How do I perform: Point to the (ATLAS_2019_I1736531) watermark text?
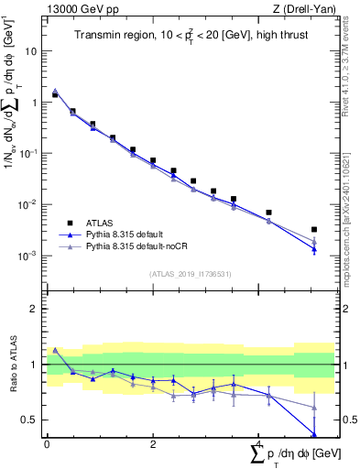click(191, 273)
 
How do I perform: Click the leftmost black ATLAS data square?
click(55, 95)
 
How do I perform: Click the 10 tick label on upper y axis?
click(31, 51)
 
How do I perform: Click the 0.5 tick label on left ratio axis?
click(31, 420)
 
